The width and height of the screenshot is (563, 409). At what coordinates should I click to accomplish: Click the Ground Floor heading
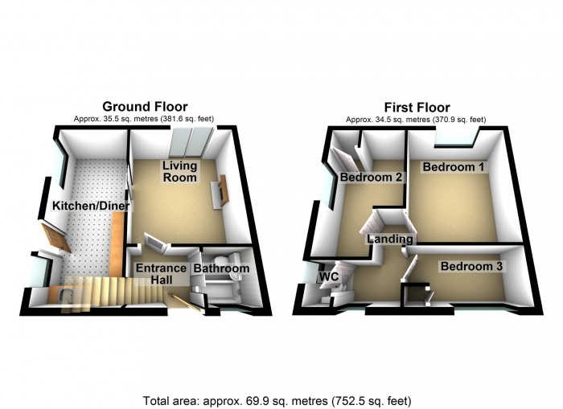(x=145, y=107)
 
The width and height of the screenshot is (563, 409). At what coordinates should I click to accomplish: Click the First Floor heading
(x=417, y=108)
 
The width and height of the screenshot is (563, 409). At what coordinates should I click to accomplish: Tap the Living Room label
(x=179, y=171)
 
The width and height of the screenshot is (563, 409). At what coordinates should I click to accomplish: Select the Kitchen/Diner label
(x=91, y=206)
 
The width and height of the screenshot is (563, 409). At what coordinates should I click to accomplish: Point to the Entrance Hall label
(x=161, y=274)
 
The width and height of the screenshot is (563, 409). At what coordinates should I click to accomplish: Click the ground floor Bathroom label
(x=221, y=268)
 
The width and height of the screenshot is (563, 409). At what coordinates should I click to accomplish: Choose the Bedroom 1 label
(x=453, y=167)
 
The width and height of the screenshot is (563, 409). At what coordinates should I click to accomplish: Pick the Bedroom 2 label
(x=371, y=177)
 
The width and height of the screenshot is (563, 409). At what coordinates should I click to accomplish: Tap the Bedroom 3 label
(x=471, y=266)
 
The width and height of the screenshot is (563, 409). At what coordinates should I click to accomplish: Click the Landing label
(x=389, y=239)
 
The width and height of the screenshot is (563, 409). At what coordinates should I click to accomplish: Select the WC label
(x=329, y=276)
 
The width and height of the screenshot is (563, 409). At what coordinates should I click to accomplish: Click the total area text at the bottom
(x=277, y=400)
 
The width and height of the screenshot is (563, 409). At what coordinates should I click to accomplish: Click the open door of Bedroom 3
(x=409, y=266)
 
